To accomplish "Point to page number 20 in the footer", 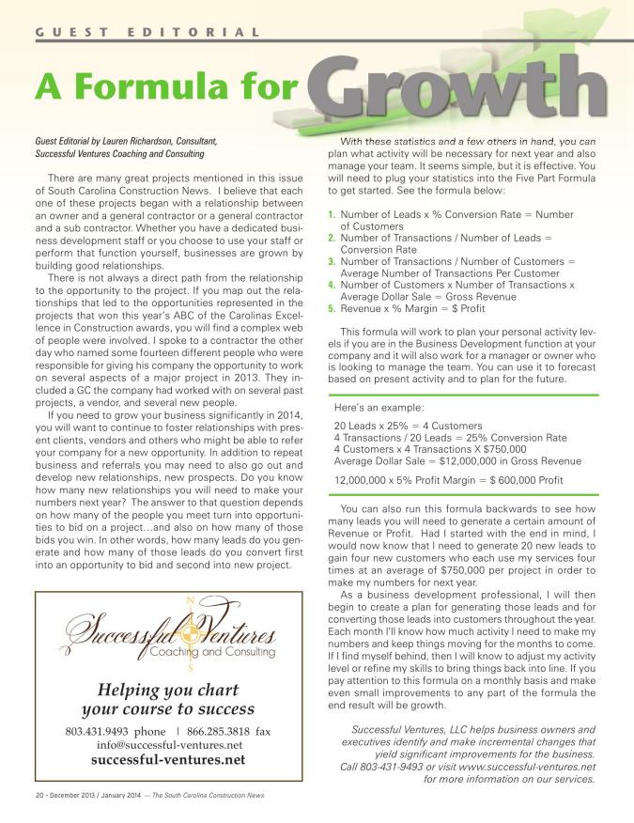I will click(24, 795).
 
